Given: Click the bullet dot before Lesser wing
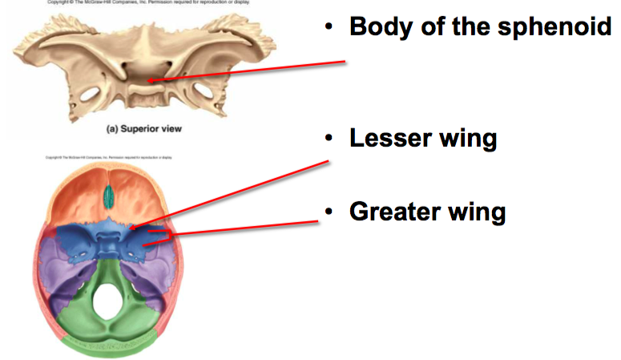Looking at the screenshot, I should click(x=328, y=138).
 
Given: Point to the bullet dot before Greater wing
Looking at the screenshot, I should click(x=328, y=212).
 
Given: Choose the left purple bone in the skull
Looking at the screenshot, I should click(x=60, y=265).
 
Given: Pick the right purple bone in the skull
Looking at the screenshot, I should click(x=165, y=265).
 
